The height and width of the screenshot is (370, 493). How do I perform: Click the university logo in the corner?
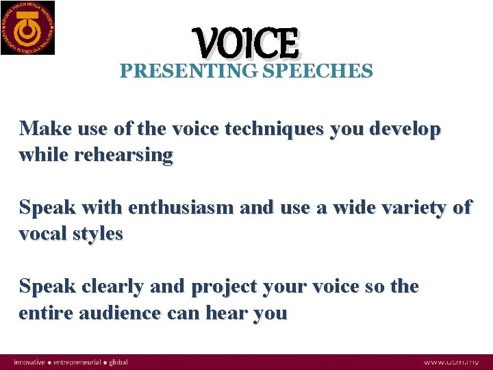28,27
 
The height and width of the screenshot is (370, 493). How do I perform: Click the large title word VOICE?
247,43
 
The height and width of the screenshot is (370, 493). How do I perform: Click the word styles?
99,234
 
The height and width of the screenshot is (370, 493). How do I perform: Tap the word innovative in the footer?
29,362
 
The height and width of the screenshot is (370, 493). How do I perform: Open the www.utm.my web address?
453,362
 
